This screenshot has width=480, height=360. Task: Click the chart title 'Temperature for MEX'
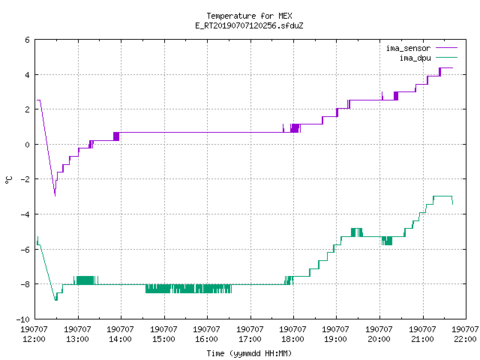(249, 16)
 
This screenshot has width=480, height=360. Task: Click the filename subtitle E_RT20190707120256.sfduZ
(249, 25)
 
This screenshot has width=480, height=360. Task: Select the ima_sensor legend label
(408, 48)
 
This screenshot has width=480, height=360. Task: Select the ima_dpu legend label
(415, 58)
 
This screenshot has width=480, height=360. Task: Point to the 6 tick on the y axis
(28, 40)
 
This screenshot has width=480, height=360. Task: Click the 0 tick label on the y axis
(28, 145)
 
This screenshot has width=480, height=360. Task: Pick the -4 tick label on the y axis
(25, 214)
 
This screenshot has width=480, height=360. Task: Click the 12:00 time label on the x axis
(34, 339)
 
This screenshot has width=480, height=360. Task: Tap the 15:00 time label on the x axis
(163, 339)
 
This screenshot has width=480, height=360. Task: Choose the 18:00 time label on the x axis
(292, 339)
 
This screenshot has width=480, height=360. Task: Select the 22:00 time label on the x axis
(465, 339)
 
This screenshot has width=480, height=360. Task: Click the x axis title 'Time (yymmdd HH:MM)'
(249, 353)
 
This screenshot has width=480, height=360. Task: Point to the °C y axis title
(9, 180)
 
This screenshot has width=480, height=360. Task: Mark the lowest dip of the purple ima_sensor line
(55, 196)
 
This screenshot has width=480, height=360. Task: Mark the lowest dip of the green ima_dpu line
(56, 300)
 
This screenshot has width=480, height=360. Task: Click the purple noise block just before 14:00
(116, 136)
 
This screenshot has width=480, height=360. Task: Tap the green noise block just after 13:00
(85, 280)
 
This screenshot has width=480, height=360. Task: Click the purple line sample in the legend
(446, 48)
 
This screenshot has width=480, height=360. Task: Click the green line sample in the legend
(446, 58)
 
